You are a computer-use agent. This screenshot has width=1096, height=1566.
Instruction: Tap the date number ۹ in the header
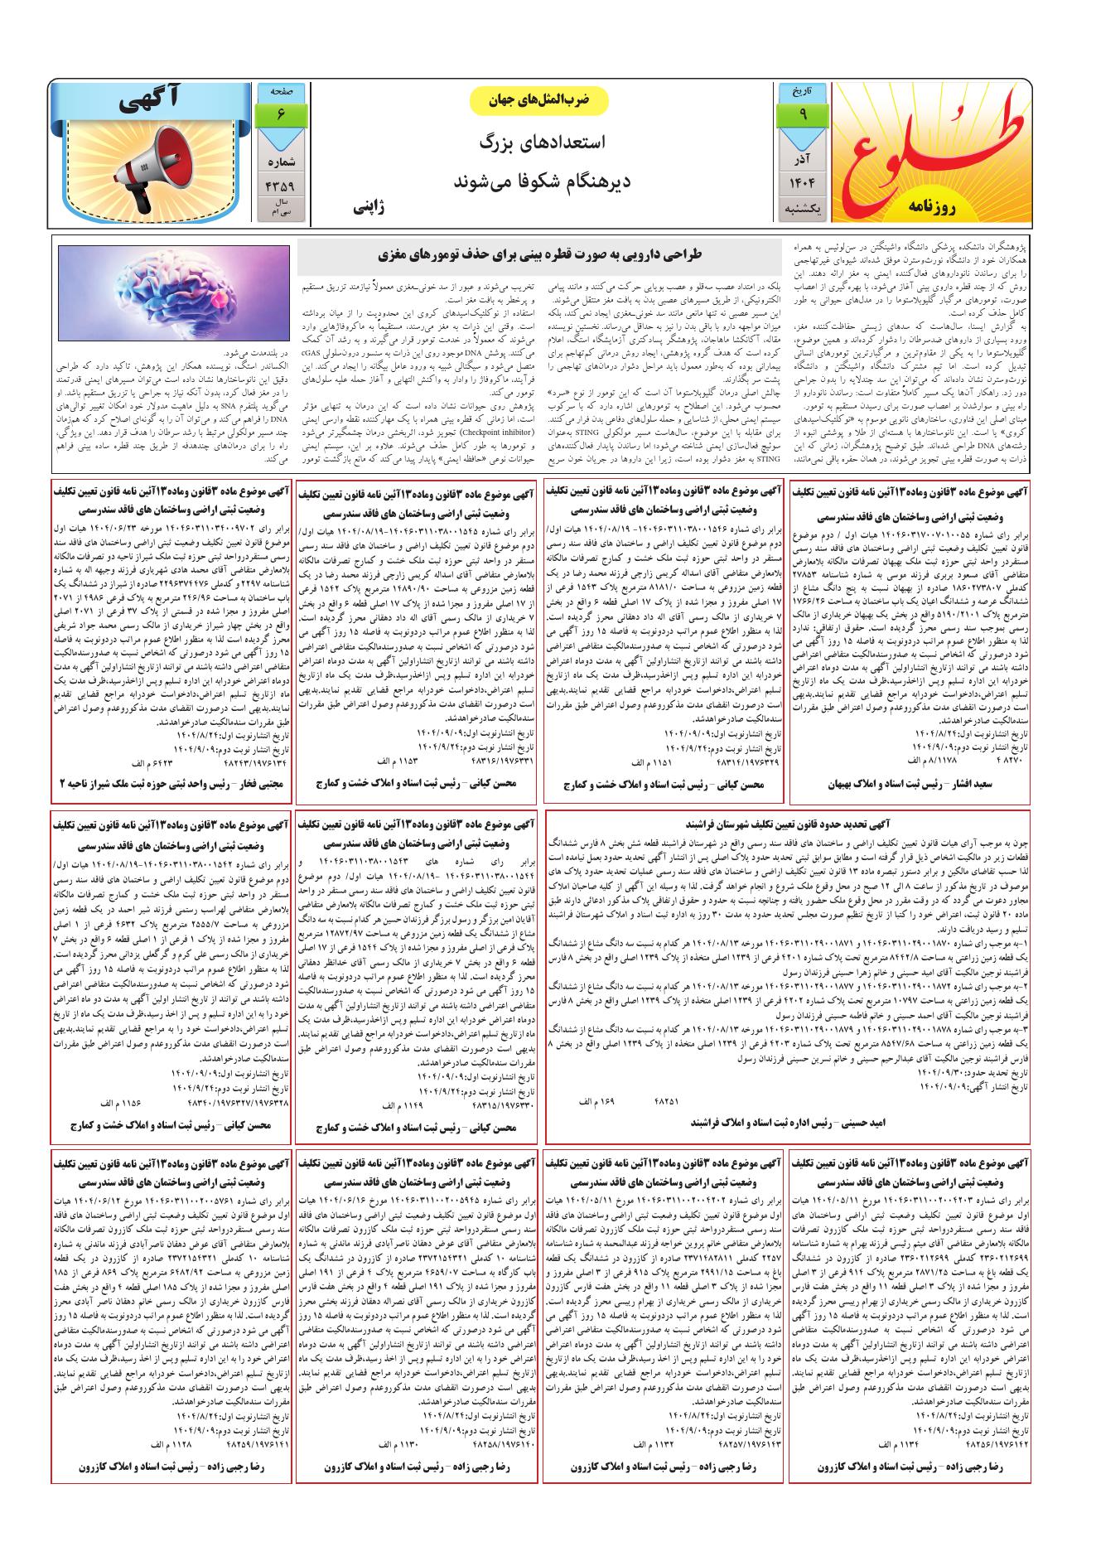pyautogui.click(x=803, y=117)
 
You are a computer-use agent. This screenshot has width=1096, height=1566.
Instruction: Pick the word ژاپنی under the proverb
pyautogui.click(x=369, y=205)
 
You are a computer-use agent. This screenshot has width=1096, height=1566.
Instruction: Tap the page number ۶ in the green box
pyautogui.click(x=281, y=115)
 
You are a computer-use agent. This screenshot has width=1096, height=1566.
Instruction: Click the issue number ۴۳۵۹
pyautogui.click(x=281, y=186)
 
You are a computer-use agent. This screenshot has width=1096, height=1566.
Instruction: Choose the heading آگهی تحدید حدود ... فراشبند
pyautogui.click(x=787, y=824)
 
